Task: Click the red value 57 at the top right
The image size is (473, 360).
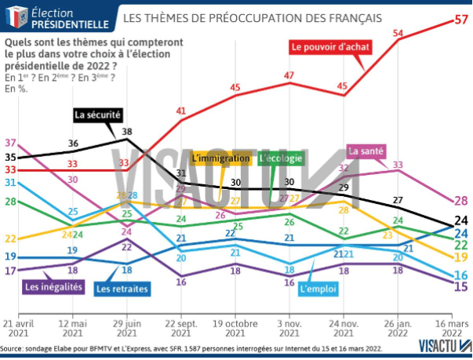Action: (x=462, y=21)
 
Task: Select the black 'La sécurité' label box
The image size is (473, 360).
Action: (x=97, y=115)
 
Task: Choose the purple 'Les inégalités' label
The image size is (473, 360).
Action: (x=54, y=287)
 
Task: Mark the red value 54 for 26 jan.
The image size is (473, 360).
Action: (x=398, y=33)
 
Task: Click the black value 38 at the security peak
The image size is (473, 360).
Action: (x=127, y=132)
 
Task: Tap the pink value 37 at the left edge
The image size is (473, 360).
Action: (x=11, y=143)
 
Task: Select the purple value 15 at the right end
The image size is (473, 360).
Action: (x=462, y=285)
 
